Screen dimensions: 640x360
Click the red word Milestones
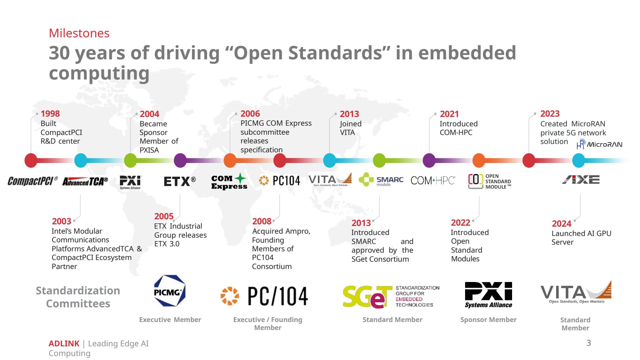click(79, 33)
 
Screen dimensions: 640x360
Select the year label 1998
click(50, 114)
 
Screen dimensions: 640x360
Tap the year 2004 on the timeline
click(149, 114)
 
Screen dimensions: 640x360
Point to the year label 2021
click(449, 114)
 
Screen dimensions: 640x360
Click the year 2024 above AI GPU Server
click(561, 224)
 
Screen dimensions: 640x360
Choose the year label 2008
click(262, 221)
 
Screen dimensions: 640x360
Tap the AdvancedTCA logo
click(85, 182)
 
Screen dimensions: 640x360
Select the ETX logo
click(180, 181)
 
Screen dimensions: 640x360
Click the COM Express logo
click(229, 182)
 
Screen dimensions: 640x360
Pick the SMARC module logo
click(381, 180)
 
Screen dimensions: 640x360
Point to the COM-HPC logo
click(433, 181)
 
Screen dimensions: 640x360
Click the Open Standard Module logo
click(489, 181)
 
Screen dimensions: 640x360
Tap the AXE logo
click(581, 180)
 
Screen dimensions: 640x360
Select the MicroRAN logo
click(599, 144)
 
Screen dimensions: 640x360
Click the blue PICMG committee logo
click(170, 291)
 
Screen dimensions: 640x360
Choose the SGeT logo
click(391, 296)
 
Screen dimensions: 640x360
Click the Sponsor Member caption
click(488, 320)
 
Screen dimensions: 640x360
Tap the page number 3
click(589, 343)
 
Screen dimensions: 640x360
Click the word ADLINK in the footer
click(64, 343)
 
